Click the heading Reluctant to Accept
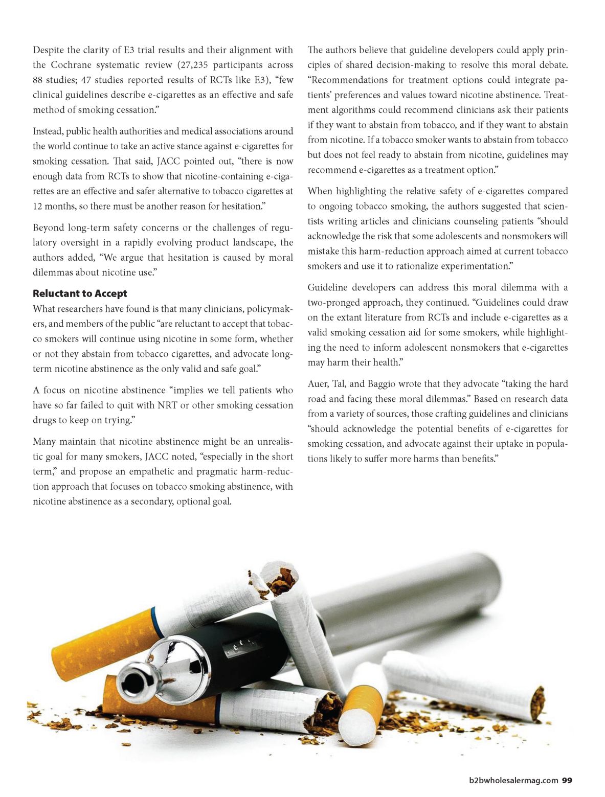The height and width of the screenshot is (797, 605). (80, 293)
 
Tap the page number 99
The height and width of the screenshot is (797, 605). (567, 780)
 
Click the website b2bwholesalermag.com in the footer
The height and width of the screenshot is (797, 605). (513, 780)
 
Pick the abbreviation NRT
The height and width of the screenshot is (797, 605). (167, 405)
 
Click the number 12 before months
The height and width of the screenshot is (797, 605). (38, 206)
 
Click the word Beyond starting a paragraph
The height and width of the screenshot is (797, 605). (48, 227)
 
